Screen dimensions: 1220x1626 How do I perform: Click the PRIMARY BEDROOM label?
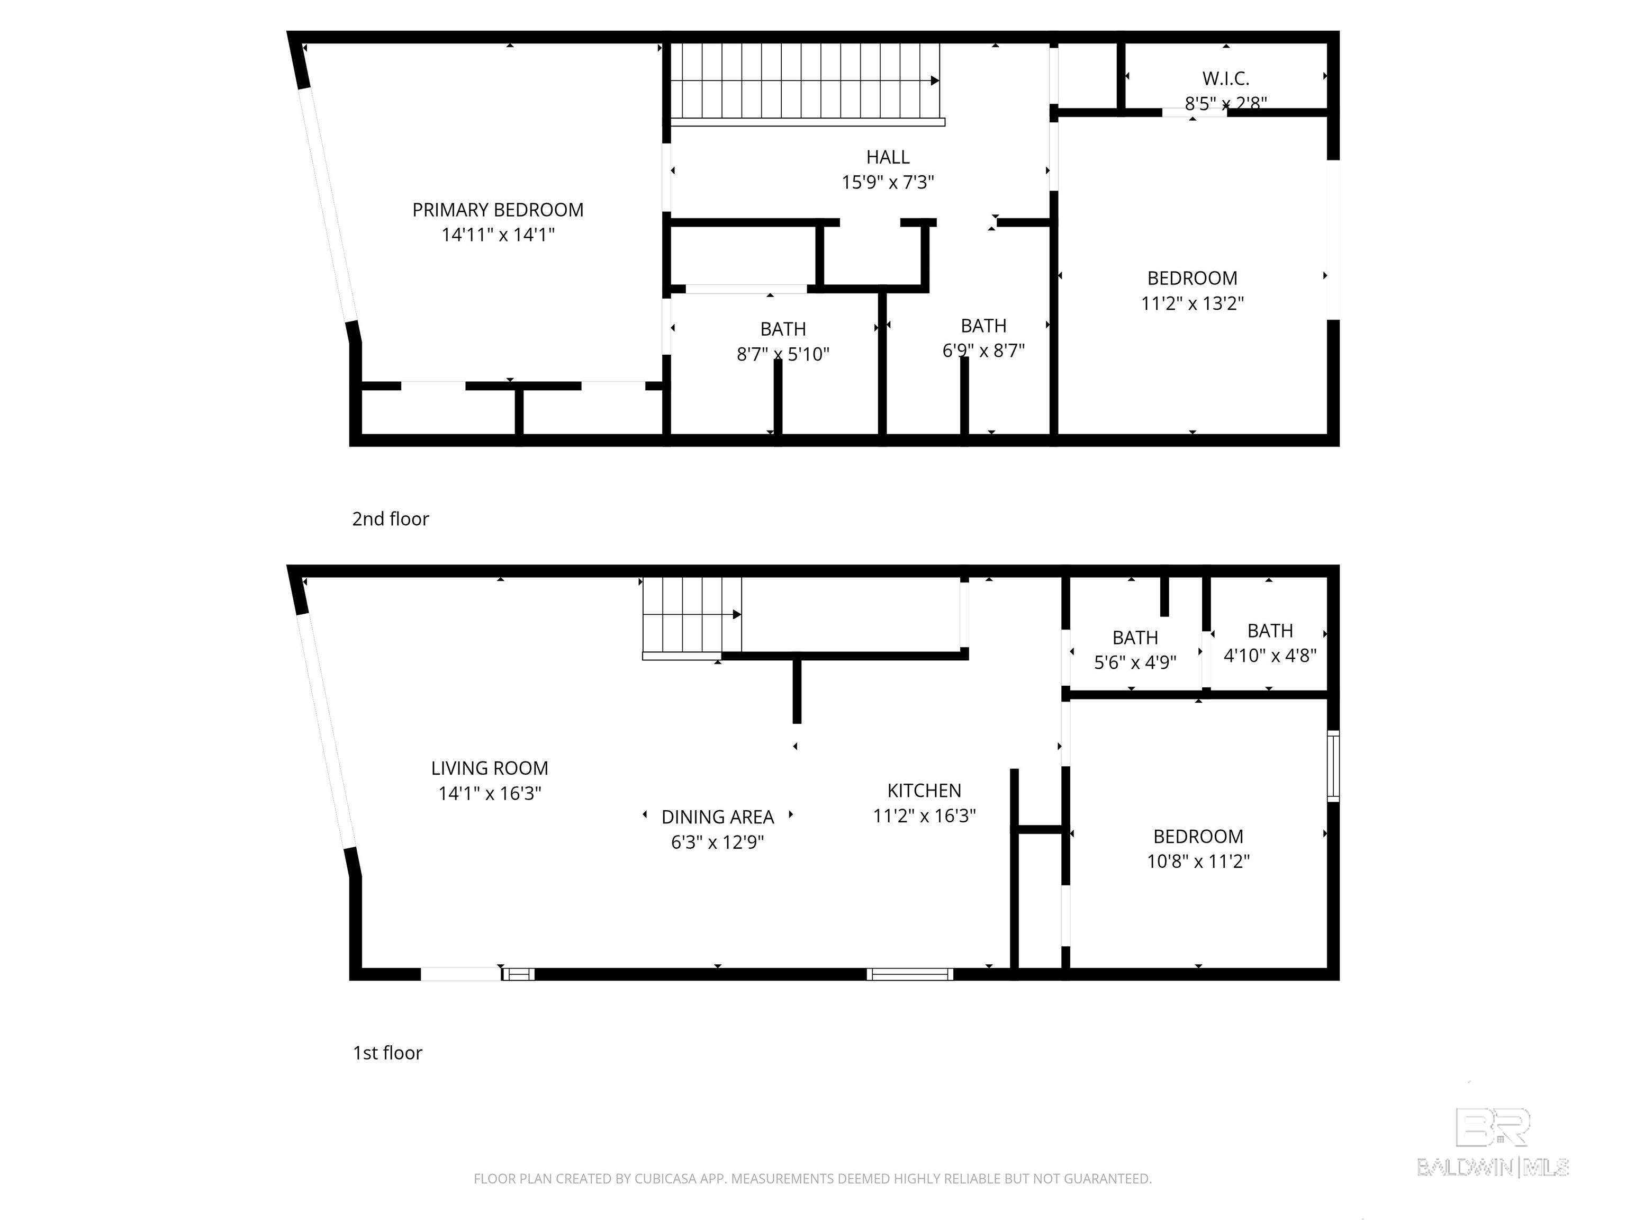pos(498,210)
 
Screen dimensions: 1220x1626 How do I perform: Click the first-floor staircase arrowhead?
pos(737,615)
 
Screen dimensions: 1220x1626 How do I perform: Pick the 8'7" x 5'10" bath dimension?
pos(783,354)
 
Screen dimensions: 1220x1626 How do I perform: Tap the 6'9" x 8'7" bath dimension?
pos(983,351)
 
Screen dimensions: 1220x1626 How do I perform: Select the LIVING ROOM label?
pos(490,768)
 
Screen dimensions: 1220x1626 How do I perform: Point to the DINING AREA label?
pos(717,817)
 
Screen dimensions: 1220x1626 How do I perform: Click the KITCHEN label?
pos(924,791)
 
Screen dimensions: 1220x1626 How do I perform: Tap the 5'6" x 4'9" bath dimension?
pos(1135,662)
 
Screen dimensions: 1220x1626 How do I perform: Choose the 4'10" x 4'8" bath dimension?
pos(1269,655)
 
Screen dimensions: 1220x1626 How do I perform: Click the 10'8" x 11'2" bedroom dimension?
pos(1198,861)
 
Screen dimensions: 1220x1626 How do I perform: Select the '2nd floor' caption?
pos(390,519)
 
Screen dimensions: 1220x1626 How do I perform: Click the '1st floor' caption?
pos(387,1053)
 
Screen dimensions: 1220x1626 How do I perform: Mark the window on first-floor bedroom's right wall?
pos(1333,766)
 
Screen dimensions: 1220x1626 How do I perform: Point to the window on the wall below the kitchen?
pos(909,974)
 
